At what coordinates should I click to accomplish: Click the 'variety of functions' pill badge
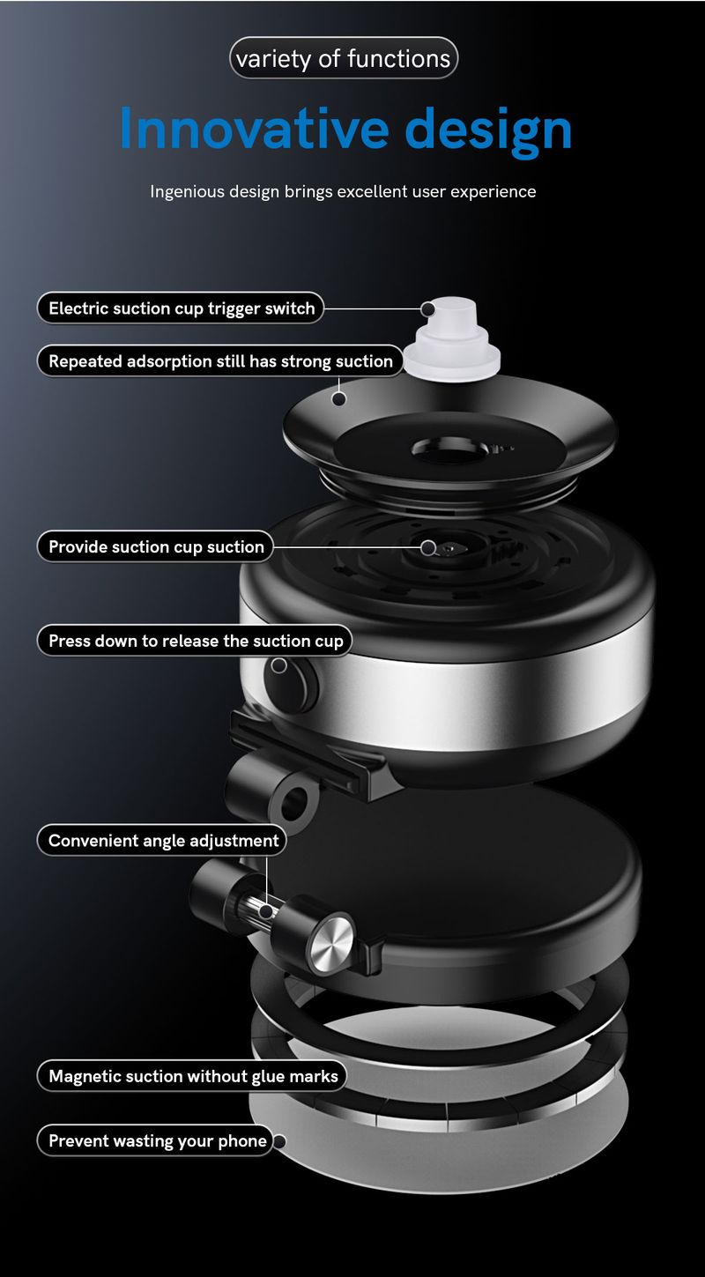click(344, 58)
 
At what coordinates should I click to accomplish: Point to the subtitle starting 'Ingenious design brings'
click(343, 191)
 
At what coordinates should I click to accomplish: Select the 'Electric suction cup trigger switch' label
click(181, 308)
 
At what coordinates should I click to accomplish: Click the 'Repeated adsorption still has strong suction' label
click(220, 361)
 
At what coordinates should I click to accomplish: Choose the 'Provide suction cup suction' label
click(156, 546)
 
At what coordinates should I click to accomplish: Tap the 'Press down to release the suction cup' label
click(195, 641)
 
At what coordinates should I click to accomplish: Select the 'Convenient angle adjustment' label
click(163, 840)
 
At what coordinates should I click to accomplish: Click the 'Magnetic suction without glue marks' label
click(193, 1075)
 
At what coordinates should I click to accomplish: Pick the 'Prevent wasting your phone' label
click(157, 1140)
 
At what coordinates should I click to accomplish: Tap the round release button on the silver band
click(293, 680)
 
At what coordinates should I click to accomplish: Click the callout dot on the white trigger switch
click(428, 309)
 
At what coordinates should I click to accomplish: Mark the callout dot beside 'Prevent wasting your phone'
click(279, 1141)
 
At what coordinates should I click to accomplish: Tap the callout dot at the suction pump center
click(428, 547)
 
